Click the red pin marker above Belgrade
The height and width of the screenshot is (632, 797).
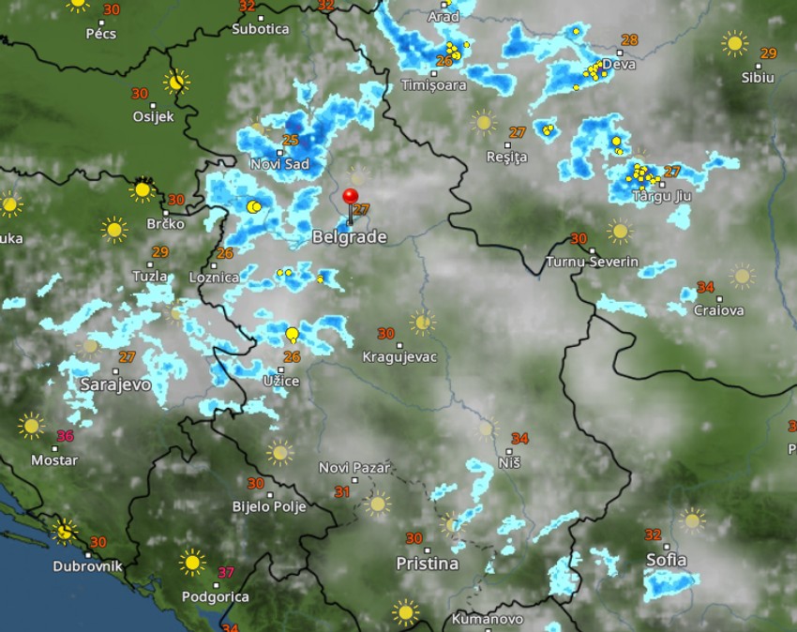(351, 198)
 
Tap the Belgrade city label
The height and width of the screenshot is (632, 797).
(349, 237)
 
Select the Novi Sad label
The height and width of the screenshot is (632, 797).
(279, 164)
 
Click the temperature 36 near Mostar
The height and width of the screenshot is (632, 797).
(65, 436)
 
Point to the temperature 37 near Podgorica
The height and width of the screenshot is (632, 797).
(226, 572)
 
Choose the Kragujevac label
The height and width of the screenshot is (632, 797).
(399, 357)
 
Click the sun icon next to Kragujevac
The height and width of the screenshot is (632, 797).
(422, 324)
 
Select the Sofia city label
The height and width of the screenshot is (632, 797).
(666, 561)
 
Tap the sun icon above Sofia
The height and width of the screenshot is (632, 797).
(692, 519)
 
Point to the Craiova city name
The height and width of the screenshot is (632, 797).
(718, 309)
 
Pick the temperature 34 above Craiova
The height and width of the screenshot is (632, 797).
(706, 287)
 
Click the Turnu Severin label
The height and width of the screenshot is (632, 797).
(592, 261)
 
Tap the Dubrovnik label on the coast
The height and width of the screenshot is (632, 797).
(88, 566)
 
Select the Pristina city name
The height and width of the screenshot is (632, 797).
(427, 564)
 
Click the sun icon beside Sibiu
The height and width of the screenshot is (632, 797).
(734, 42)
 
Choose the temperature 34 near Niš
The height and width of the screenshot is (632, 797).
(519, 439)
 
